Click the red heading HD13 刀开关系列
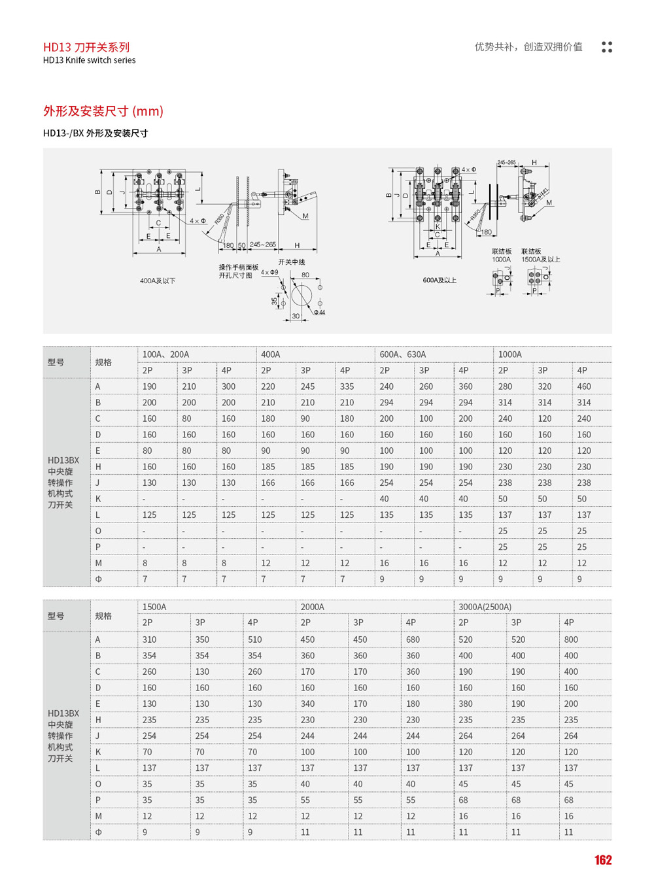(86, 47)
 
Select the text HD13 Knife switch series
(90, 60)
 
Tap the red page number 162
(603, 861)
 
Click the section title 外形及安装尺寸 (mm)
(103, 111)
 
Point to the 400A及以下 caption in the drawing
(158, 281)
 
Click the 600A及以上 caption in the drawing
(439, 280)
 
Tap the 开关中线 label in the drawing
(292, 262)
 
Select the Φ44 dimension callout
(319, 313)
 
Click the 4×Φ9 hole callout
(269, 272)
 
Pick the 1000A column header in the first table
(510, 354)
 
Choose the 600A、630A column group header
(403, 354)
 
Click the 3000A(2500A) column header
(485, 607)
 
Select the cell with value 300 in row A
(228, 386)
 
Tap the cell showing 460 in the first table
(584, 386)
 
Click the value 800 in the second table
(571, 640)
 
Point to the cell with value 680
(413, 640)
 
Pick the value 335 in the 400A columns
(347, 386)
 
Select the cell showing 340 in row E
(307, 704)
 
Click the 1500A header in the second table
(154, 607)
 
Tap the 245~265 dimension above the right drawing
(506, 162)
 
